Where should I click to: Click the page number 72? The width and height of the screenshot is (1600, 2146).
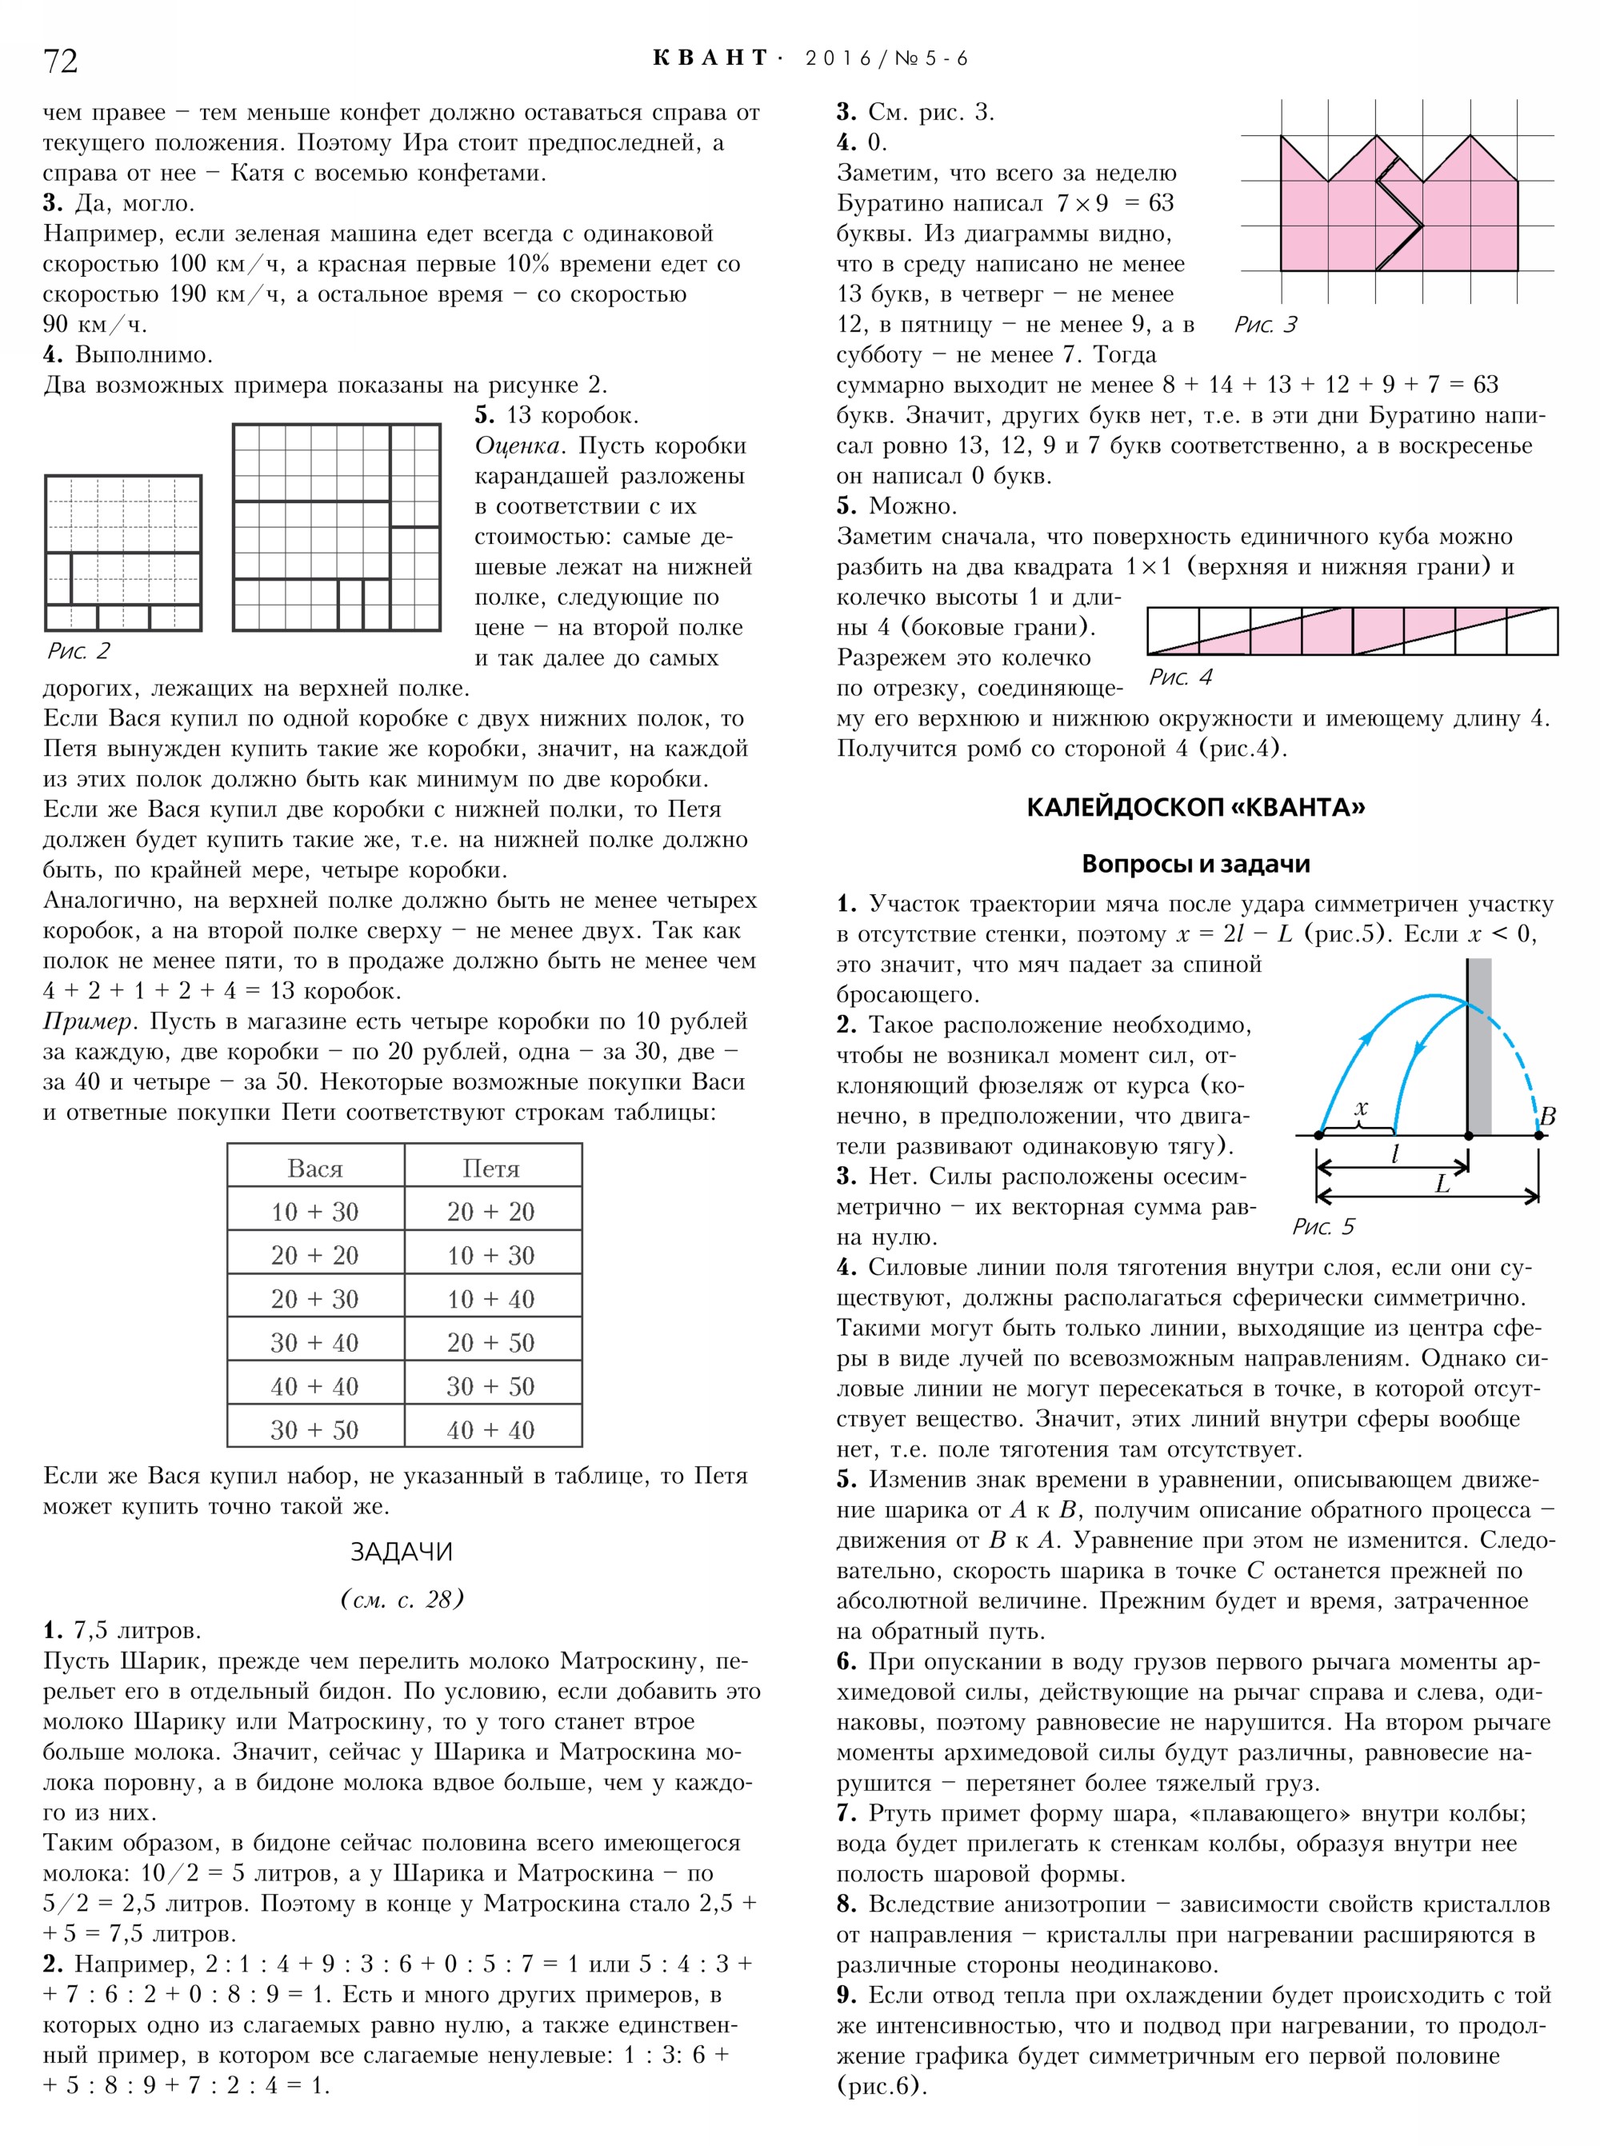click(60, 61)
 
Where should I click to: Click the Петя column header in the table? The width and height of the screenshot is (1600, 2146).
click(491, 1169)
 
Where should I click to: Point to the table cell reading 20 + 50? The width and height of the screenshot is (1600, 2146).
click(491, 1343)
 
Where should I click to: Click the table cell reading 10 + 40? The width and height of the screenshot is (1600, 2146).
click(491, 1300)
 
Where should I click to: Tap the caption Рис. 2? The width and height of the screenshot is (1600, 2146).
click(78, 651)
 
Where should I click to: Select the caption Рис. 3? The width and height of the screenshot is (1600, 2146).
click(1265, 325)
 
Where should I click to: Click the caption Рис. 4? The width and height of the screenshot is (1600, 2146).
click(1180, 677)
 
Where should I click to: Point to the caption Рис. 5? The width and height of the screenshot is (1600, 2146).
click(1322, 1227)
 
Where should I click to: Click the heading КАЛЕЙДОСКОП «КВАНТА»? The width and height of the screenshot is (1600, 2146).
click(1195, 808)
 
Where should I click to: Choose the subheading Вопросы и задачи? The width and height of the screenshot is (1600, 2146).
click(1195, 864)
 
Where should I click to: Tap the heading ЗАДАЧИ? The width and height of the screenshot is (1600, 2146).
click(401, 1553)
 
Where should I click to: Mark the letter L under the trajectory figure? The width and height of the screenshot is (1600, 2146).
click(1442, 1184)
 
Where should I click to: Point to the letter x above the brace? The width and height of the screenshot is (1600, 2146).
click(1362, 1107)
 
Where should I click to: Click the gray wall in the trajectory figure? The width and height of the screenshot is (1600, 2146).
click(1479, 1046)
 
